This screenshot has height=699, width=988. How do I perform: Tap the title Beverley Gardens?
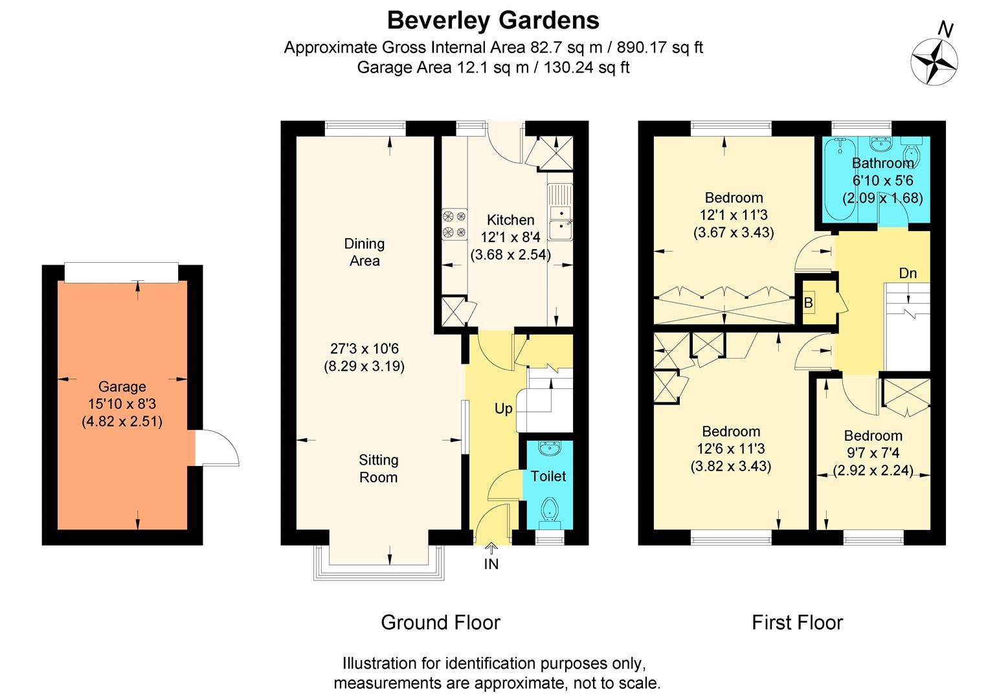click(493, 20)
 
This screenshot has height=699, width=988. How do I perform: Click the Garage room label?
click(122, 387)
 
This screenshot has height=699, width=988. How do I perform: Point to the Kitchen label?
click(510, 220)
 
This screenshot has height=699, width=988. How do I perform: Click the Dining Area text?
click(365, 252)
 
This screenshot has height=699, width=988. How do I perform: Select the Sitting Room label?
click(378, 469)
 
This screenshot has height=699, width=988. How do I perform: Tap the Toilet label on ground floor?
click(548, 476)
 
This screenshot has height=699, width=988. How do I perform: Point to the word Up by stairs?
click(503, 409)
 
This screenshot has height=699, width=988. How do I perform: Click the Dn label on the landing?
click(908, 273)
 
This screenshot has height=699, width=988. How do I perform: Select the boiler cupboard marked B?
click(809, 302)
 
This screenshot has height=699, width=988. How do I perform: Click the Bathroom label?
click(882, 163)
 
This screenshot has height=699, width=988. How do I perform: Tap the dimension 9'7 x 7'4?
click(873, 453)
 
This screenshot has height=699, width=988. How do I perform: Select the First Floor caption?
click(797, 623)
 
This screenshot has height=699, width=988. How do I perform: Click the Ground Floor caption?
click(440, 623)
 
